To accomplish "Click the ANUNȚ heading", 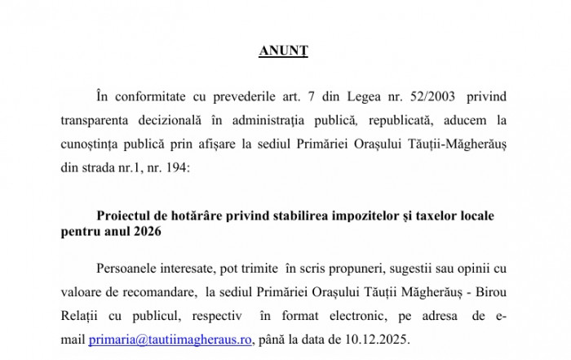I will pos(284,51).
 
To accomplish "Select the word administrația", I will pos(281,122).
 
